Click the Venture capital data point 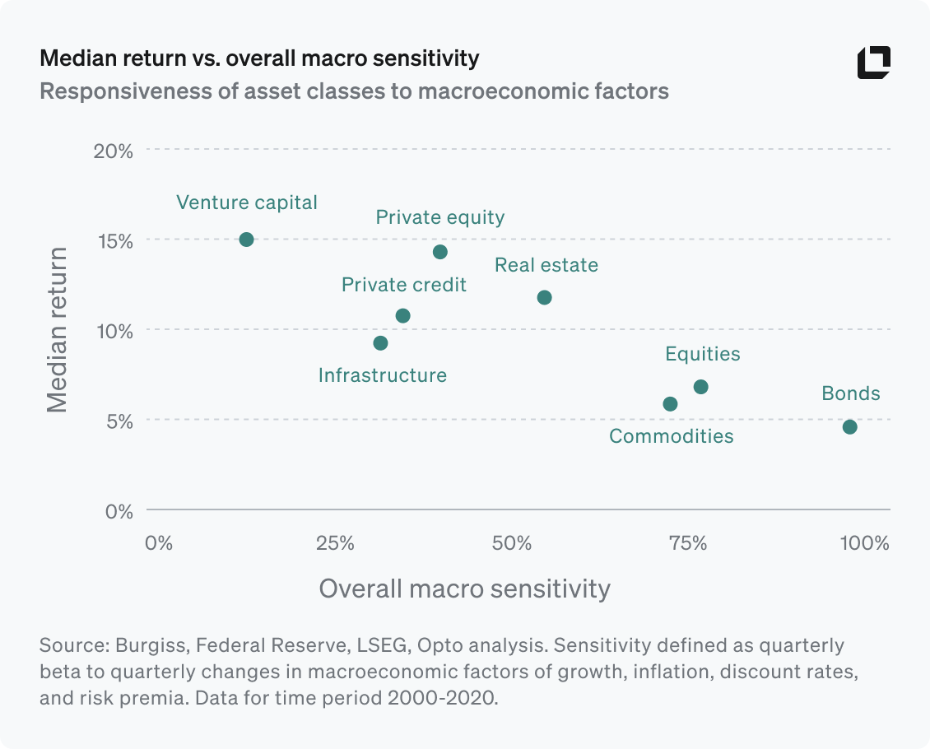point(246,240)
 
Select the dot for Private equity point(440,252)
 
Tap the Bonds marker point(850,426)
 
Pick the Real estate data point point(544,297)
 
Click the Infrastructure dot point(380,343)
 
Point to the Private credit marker point(402,316)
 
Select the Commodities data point point(670,404)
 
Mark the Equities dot point(700,387)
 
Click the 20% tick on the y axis point(115,151)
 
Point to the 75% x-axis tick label point(688,544)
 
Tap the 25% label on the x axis point(335,544)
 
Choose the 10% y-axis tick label point(115,331)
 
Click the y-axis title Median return point(57,330)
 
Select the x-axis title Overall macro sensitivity point(464,589)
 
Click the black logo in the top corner point(873,63)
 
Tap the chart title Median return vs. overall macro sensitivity point(259,58)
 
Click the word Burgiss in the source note point(149,644)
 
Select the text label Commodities point(671,436)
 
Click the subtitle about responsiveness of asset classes point(354,91)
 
